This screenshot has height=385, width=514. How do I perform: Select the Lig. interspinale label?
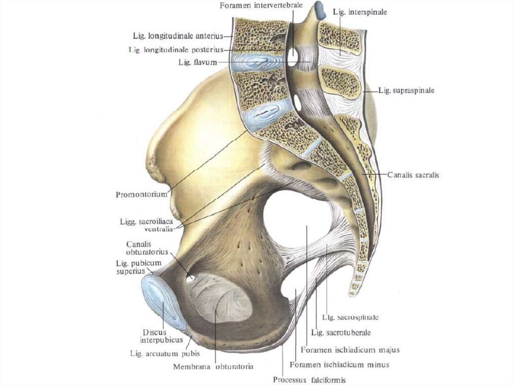pyautogui.click(x=360, y=12)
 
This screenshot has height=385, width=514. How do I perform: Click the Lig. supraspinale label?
pyautogui.click(x=406, y=91)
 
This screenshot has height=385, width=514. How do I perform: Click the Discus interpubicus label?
pyautogui.click(x=159, y=336)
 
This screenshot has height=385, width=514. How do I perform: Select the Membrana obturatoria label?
pyautogui.click(x=213, y=366)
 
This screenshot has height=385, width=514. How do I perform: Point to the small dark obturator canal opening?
pyautogui.click(x=191, y=278)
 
